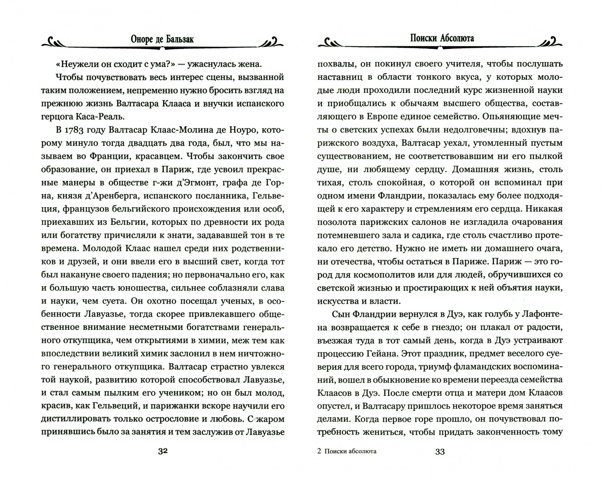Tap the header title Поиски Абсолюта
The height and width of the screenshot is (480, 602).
tap(441, 38)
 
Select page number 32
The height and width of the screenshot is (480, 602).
tap(163, 452)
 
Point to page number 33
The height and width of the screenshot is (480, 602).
tap(440, 452)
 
